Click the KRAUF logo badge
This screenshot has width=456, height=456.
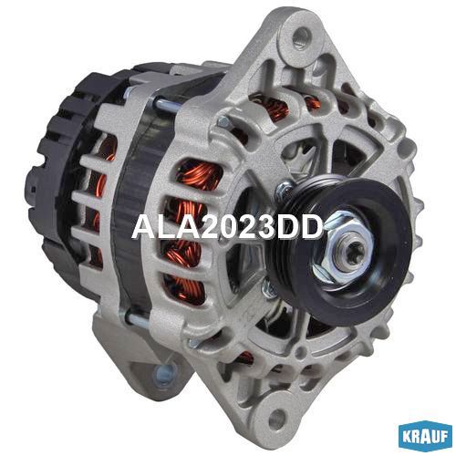pyautogui.click(x=425, y=437)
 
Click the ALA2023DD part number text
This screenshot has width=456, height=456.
pyautogui.click(x=227, y=227)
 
